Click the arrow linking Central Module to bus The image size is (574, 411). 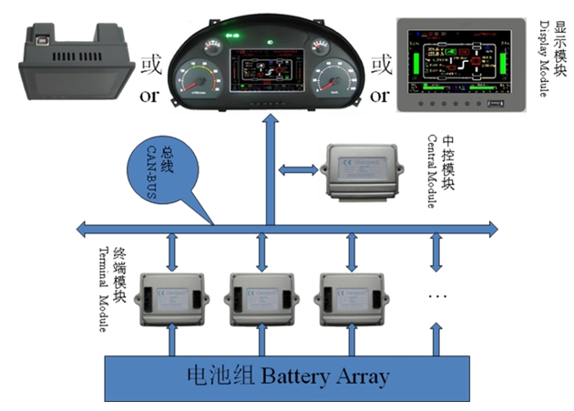coord(295,170)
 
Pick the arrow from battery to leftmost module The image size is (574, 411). coord(173,343)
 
